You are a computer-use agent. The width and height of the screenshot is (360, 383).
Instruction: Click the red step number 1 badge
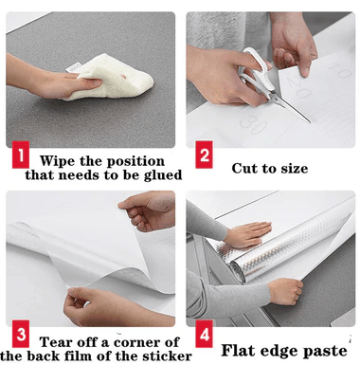(x=21, y=155)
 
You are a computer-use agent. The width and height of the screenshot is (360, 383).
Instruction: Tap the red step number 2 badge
(x=204, y=155)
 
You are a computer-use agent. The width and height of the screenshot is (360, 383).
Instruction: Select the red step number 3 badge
(x=21, y=334)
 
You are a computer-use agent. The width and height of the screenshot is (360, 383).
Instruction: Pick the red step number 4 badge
(x=204, y=334)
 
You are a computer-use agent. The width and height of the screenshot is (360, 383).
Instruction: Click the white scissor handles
(x=256, y=69)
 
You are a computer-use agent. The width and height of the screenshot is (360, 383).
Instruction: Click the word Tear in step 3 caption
(x=56, y=342)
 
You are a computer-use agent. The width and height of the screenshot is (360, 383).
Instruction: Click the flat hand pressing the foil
(x=249, y=234)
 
